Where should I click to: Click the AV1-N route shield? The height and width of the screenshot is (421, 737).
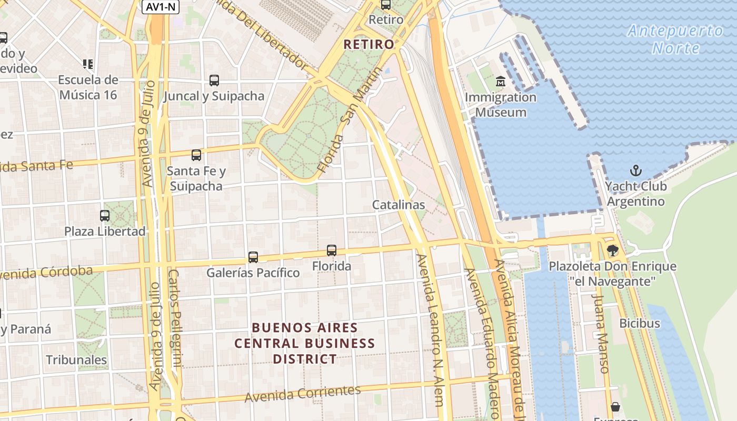[161, 7]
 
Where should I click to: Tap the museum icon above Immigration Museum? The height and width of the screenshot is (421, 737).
[500, 82]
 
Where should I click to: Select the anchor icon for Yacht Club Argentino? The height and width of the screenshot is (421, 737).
[636, 171]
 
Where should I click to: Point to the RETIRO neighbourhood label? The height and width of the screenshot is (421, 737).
[368, 45]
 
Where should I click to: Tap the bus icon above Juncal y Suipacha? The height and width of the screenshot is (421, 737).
[214, 81]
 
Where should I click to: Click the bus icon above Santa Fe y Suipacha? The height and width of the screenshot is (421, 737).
[196, 155]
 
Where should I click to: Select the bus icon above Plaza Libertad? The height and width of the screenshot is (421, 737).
[105, 216]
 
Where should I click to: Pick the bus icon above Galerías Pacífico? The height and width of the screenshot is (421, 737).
[253, 257]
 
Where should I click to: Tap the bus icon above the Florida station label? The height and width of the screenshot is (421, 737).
[332, 250]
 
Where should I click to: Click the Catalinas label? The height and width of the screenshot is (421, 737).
[399, 205]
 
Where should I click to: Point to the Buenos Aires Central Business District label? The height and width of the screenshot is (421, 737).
[304, 343]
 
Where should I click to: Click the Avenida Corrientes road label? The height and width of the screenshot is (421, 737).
[303, 393]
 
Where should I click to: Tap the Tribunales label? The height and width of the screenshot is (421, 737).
[76, 360]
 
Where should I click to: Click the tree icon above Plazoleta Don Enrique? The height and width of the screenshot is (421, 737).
[612, 250]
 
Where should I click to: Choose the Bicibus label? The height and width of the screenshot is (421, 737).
[640, 323]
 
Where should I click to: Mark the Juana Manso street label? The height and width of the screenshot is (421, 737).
[601, 333]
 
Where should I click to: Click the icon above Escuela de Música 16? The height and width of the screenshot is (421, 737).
[88, 64]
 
